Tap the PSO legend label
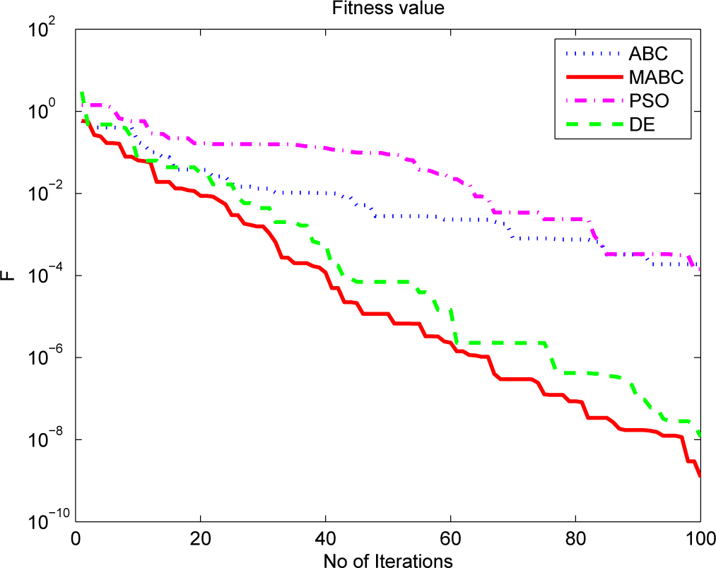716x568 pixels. pos(647,101)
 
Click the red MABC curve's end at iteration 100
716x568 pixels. pos(700,476)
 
